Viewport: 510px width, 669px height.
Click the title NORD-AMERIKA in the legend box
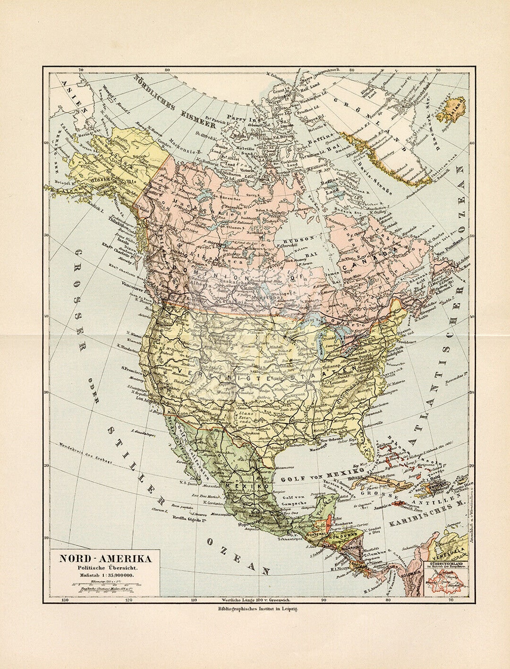tap(105, 559)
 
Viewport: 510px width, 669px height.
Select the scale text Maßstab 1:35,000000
tap(105, 575)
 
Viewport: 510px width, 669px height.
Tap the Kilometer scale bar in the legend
tap(106, 584)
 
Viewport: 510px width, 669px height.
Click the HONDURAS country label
tap(347, 535)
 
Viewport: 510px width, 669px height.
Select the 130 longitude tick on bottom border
tap(65, 600)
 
